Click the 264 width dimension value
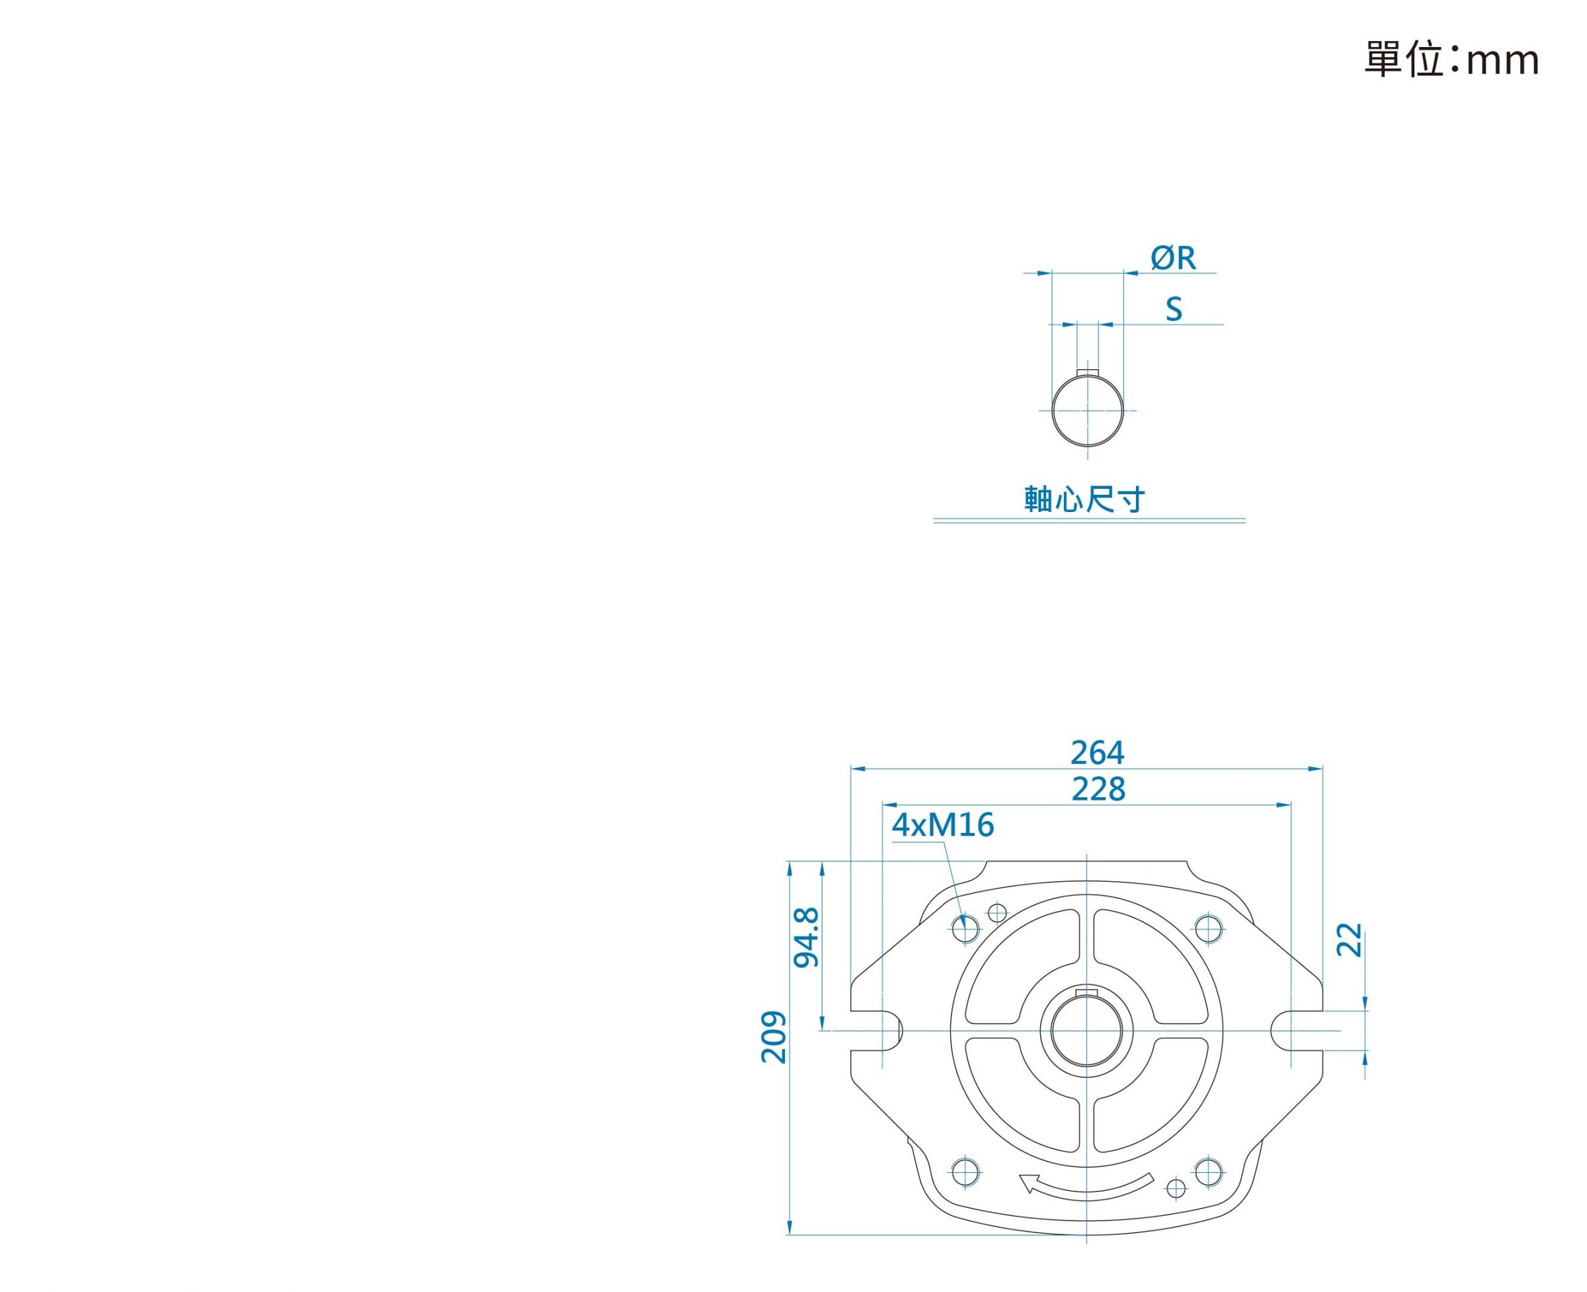pyautogui.click(x=1097, y=752)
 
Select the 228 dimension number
pyautogui.click(x=1098, y=789)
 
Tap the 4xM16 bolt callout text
pyautogui.click(x=943, y=824)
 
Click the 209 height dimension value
pyautogui.click(x=774, y=1037)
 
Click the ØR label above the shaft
pyautogui.click(x=1172, y=258)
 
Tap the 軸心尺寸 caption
pyautogui.click(x=1084, y=499)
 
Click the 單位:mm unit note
pyautogui.click(x=1451, y=60)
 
